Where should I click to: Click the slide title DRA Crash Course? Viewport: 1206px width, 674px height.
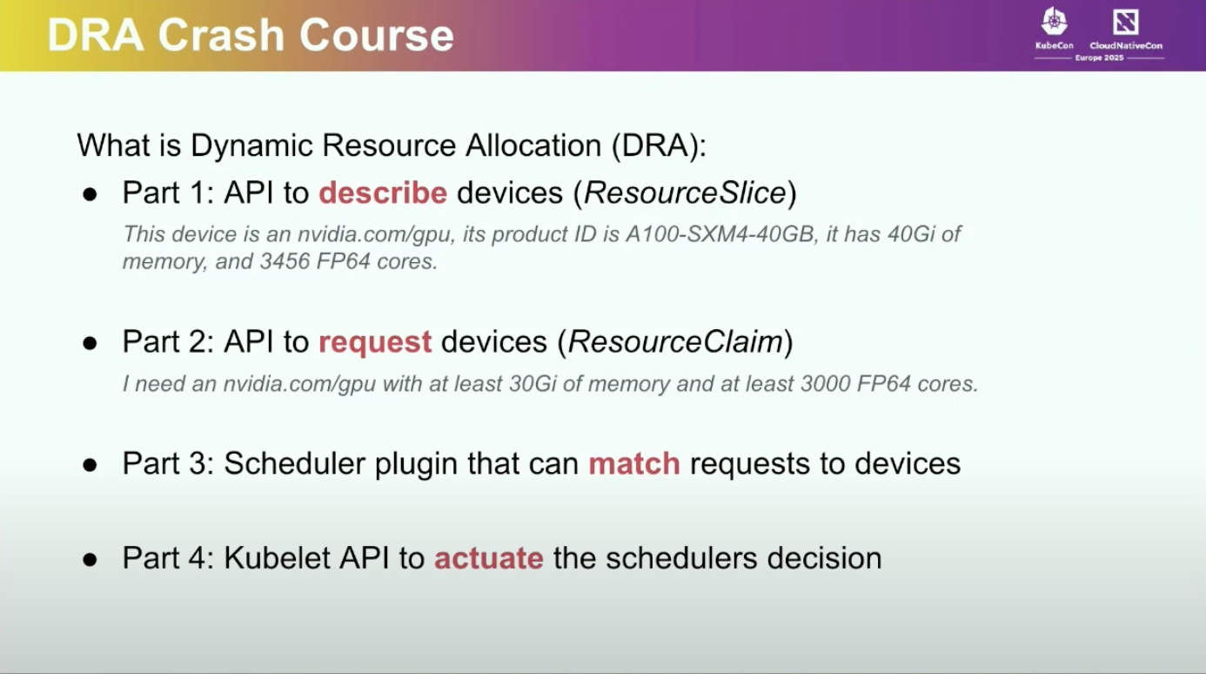[251, 36]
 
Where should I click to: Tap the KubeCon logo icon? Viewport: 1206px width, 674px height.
[1054, 22]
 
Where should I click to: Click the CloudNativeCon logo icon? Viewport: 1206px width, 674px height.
[1125, 22]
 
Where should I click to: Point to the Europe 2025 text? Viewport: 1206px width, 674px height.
[1100, 57]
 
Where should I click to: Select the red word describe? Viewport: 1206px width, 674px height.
[383, 193]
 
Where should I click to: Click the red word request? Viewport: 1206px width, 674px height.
[375, 342]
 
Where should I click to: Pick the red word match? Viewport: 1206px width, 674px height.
[633, 463]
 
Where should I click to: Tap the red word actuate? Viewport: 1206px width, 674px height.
[488, 558]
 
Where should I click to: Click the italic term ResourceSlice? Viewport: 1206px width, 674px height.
[685, 193]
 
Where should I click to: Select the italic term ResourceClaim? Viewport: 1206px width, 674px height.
[675, 342]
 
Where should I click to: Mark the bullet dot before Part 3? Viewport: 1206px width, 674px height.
[90, 464]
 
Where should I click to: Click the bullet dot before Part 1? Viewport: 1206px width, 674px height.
[90, 194]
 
